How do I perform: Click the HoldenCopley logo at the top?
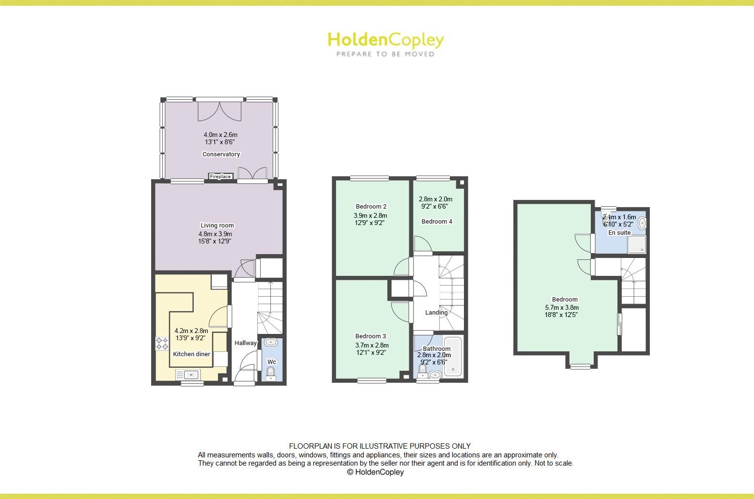click(x=385, y=43)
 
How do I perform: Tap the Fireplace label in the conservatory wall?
click(x=220, y=177)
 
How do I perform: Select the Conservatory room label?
click(x=221, y=154)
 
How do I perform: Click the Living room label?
click(x=217, y=225)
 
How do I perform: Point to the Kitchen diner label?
click(x=192, y=354)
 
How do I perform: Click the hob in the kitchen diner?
click(x=162, y=344)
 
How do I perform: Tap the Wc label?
click(x=272, y=362)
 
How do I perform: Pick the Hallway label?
click(x=246, y=343)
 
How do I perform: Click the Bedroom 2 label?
click(x=371, y=207)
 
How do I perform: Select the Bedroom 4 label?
click(x=437, y=221)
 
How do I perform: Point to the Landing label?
click(x=436, y=312)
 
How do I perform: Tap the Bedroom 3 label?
click(x=370, y=336)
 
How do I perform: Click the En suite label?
click(x=619, y=232)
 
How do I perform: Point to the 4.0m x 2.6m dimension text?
click(x=220, y=135)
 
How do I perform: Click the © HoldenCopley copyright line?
click(x=375, y=472)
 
